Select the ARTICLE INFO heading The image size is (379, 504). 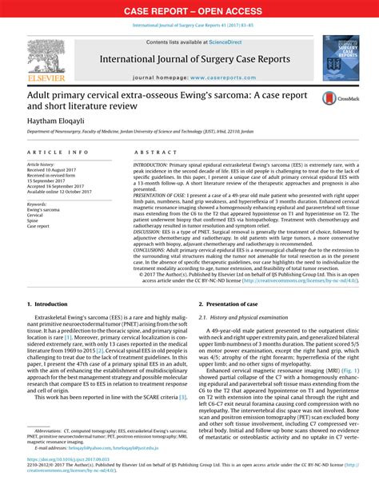point(57,151)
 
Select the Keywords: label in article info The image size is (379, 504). point(41,204)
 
